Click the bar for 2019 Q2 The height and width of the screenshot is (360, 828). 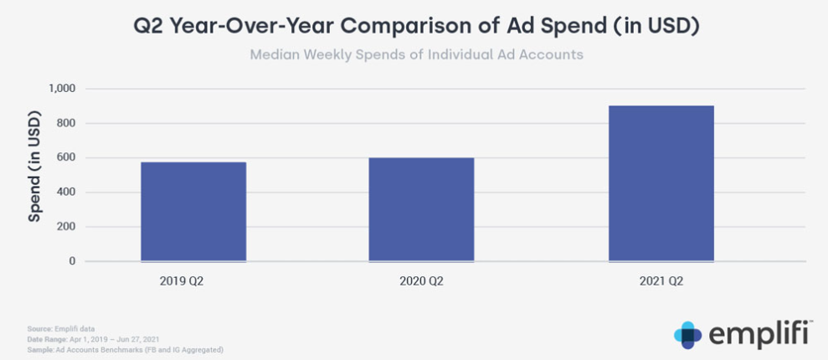click(x=193, y=212)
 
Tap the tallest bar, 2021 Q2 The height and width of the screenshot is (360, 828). click(x=661, y=183)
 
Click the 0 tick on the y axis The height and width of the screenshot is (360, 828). click(x=72, y=261)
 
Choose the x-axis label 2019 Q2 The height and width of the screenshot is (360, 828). click(x=182, y=281)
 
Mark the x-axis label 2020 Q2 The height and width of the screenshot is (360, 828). click(x=421, y=281)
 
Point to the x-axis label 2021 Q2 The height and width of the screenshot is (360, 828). click(x=661, y=281)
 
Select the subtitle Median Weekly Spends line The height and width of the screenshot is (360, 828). click(x=416, y=55)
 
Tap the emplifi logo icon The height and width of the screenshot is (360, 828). click(x=687, y=334)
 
